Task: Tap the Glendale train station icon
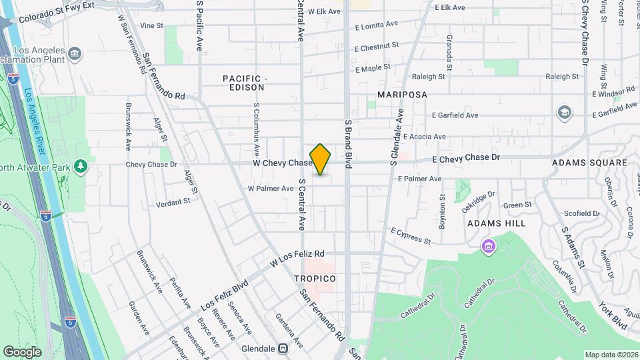(x=283, y=348)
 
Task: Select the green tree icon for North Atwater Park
(x=81, y=165)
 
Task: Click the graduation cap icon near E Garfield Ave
(x=565, y=112)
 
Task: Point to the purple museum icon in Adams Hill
(x=489, y=247)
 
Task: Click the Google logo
(x=22, y=351)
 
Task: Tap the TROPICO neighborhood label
(x=314, y=278)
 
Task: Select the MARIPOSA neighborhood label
(x=402, y=95)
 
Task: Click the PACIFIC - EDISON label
(x=245, y=83)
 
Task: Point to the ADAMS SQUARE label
(x=589, y=163)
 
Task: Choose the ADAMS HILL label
(x=497, y=223)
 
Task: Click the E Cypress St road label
(x=411, y=235)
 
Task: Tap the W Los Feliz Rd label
(x=297, y=259)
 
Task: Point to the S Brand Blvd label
(x=348, y=143)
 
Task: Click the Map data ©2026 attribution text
(x=611, y=355)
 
